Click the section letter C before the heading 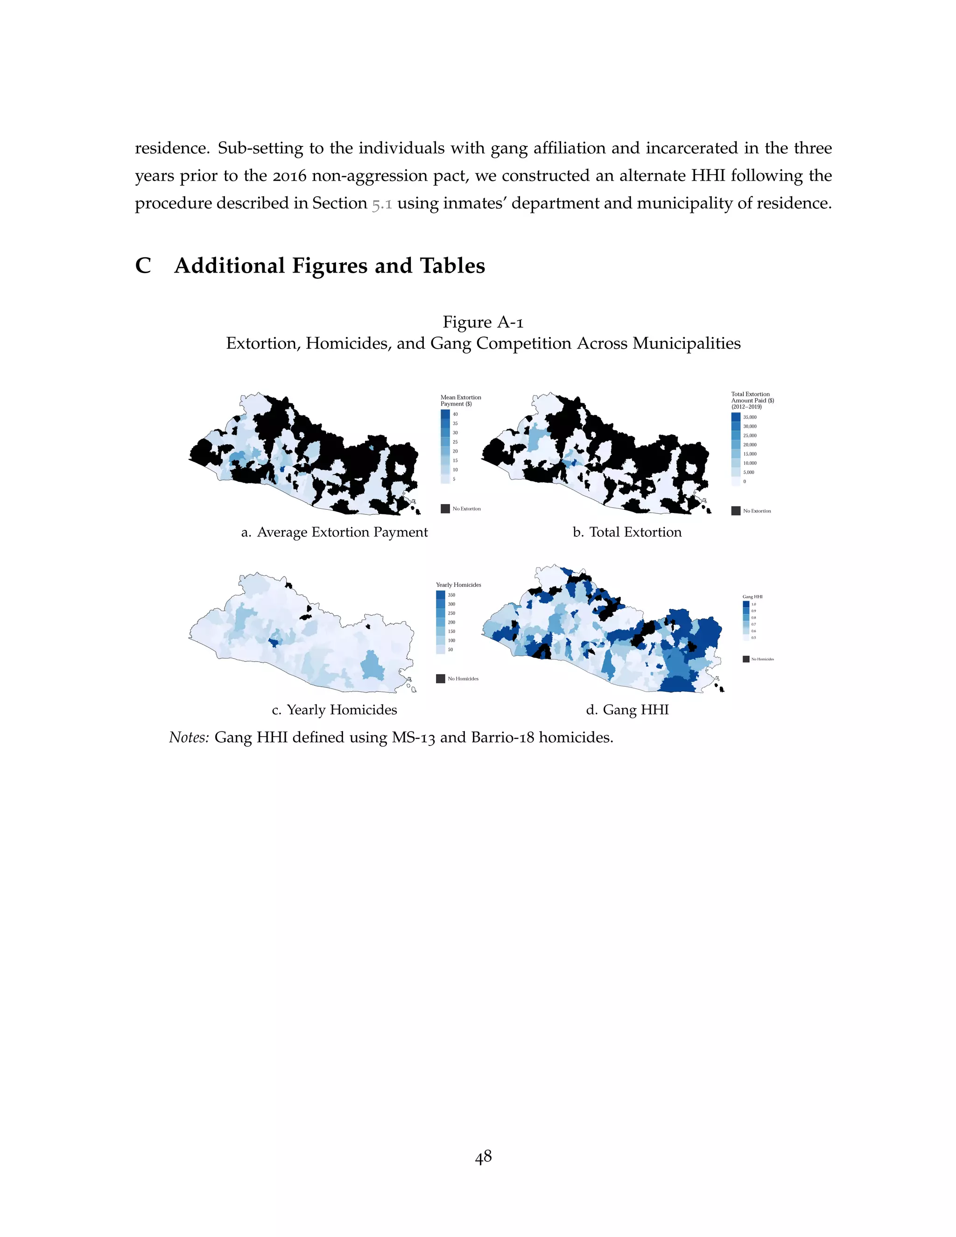click(x=143, y=266)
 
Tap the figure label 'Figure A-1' click(x=483, y=322)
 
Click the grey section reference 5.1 click(x=382, y=204)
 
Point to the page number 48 click(x=483, y=1157)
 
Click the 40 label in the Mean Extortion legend click(x=455, y=414)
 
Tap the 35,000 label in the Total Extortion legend click(x=749, y=417)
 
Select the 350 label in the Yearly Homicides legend click(x=451, y=595)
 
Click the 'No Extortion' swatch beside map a click(x=445, y=509)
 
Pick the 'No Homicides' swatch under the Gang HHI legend click(x=746, y=659)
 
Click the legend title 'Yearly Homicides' click(x=458, y=584)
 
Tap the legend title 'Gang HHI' click(x=752, y=597)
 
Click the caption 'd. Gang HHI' click(x=627, y=710)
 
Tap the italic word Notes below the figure click(x=189, y=738)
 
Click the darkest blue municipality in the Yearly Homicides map click(x=274, y=642)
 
